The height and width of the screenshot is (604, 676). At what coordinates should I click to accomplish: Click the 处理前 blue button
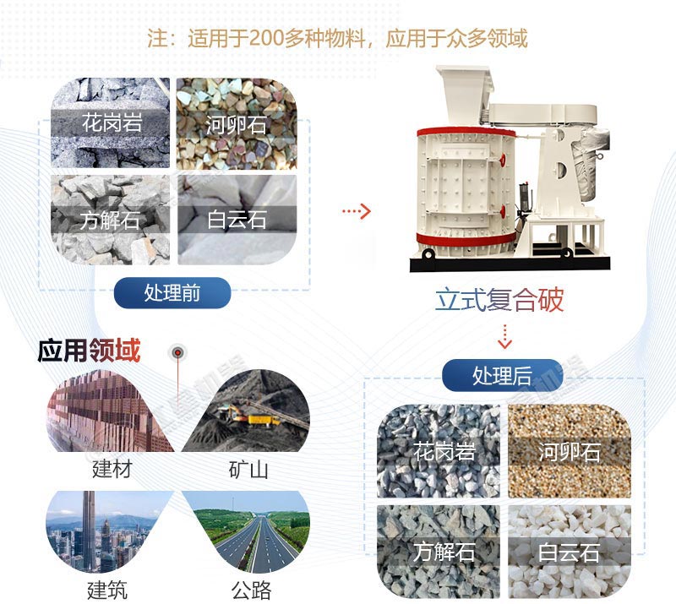173,292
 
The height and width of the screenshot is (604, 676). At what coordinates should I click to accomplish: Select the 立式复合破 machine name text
500,300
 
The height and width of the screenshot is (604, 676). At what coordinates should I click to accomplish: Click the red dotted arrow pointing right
357,210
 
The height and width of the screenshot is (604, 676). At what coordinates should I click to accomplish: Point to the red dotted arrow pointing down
504,336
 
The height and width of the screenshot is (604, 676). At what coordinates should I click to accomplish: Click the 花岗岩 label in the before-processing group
112,122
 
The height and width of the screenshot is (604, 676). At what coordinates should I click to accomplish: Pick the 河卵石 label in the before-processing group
236,126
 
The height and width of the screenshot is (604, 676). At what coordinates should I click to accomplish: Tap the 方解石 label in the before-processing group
110,221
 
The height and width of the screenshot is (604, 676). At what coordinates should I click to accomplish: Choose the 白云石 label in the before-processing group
237,221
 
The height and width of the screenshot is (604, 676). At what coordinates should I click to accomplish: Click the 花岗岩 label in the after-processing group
444,451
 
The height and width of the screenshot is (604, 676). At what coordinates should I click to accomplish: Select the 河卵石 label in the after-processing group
569,451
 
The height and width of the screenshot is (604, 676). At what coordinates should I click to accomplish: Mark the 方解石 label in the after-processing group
444,552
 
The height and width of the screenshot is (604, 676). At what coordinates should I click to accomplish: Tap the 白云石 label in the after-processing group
569,552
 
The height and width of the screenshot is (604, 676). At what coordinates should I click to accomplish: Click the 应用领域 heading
89,351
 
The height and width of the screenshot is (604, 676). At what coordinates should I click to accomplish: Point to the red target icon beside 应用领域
178,352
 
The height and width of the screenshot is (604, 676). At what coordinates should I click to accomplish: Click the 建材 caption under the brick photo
112,469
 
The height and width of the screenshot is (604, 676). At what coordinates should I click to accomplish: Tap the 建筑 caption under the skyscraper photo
107,587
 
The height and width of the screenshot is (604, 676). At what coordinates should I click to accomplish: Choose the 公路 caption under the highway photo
248,588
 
